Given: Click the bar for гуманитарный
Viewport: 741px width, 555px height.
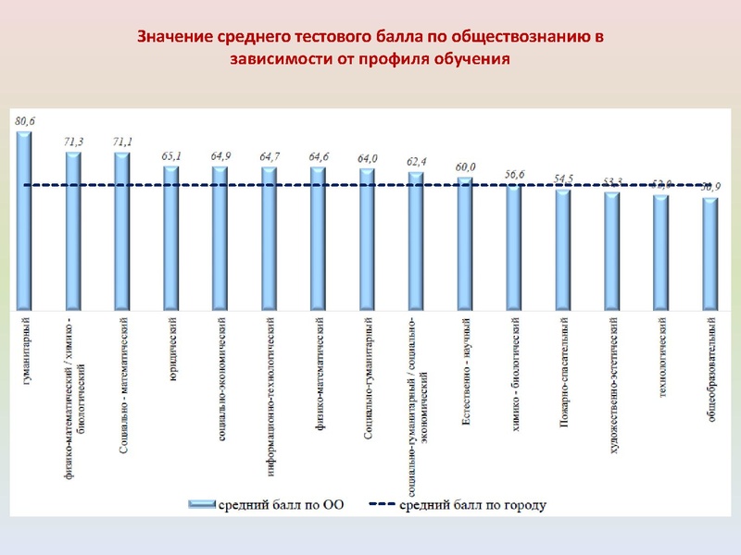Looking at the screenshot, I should (x=24, y=222).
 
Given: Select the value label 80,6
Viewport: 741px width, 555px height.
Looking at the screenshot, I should (x=24, y=120).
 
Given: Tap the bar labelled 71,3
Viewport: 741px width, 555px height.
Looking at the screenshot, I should (x=73, y=231).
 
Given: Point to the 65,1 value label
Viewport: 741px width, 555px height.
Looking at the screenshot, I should (x=171, y=155).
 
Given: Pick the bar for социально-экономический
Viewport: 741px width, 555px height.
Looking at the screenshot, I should (x=220, y=238).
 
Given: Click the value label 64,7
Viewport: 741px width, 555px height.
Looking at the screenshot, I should (x=270, y=156).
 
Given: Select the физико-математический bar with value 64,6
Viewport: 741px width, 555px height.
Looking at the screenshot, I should (x=319, y=238).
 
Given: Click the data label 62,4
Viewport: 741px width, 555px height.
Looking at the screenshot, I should (x=417, y=162).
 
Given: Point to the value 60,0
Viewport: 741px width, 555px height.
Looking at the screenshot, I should (x=466, y=166).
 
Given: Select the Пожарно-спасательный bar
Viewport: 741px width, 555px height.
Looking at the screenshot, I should (x=563, y=250).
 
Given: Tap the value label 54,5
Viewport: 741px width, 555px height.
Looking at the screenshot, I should (x=563, y=179).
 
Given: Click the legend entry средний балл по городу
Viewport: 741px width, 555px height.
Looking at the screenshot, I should (x=458, y=505).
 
